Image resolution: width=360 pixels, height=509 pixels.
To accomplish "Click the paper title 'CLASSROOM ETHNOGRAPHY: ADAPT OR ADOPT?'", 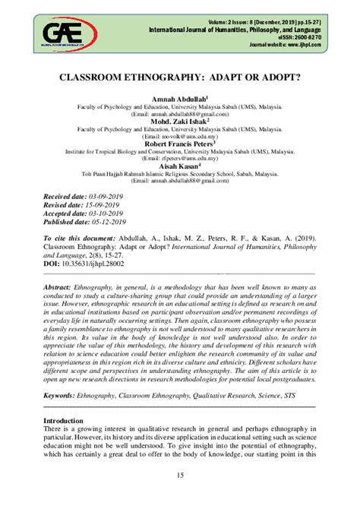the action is click(180, 77).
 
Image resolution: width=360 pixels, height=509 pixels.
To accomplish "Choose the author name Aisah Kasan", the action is click(179, 165).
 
